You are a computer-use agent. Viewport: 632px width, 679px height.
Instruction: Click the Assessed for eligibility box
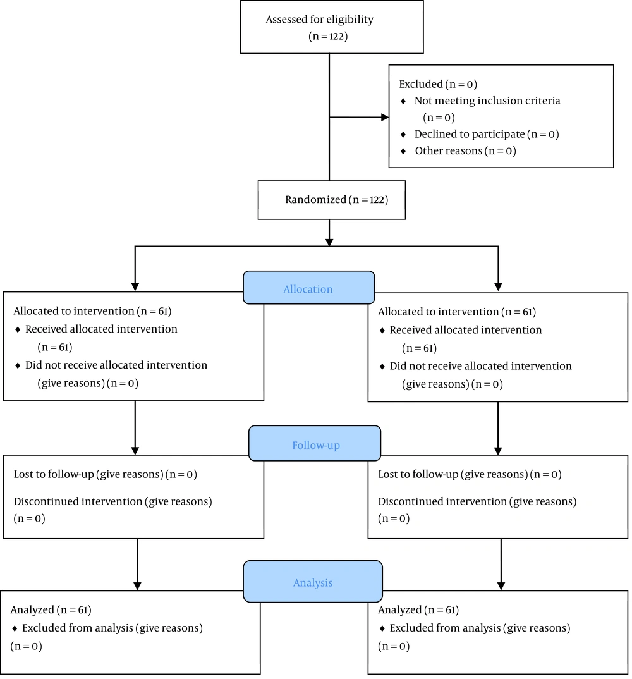click(x=332, y=27)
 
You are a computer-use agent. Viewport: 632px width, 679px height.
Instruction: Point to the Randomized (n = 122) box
click(x=332, y=200)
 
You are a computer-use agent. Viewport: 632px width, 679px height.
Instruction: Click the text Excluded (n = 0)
click(x=437, y=84)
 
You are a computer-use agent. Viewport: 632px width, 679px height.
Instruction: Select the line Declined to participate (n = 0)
click(x=487, y=134)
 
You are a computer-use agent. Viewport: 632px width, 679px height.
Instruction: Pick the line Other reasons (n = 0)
click(x=465, y=150)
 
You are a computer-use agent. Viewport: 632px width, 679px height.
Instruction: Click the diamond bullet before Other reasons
click(x=403, y=151)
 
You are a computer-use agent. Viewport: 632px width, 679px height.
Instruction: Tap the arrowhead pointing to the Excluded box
click(x=385, y=118)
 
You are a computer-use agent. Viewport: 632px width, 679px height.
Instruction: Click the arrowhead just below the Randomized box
click(x=329, y=242)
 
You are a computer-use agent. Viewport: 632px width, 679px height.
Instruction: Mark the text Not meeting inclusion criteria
click(x=487, y=101)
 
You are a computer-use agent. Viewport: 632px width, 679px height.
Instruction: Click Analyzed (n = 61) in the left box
click(x=51, y=609)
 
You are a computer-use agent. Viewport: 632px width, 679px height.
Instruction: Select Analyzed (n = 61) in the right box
click(x=418, y=609)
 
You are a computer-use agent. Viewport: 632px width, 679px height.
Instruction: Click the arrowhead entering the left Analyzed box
click(x=137, y=586)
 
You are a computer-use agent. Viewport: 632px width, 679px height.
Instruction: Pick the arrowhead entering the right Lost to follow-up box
click(x=498, y=451)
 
